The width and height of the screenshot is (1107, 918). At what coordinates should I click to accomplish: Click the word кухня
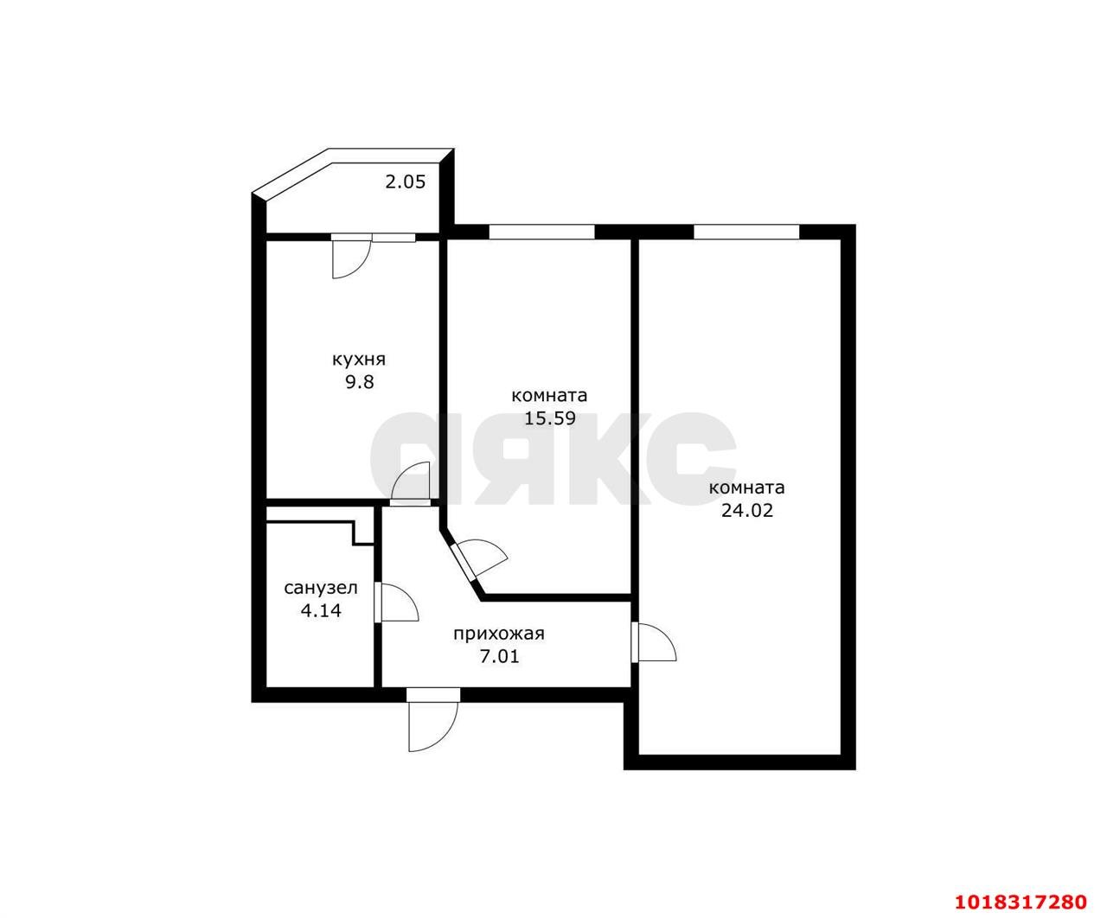click(x=358, y=360)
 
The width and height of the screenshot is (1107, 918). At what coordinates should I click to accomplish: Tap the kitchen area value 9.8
click(x=360, y=381)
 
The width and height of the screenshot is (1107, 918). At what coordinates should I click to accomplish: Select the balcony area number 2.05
click(x=405, y=182)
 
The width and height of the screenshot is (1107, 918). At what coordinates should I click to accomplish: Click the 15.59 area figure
click(x=550, y=418)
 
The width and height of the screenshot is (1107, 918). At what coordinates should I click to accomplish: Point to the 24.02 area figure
click(x=747, y=510)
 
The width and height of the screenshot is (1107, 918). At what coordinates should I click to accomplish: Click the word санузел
click(x=321, y=588)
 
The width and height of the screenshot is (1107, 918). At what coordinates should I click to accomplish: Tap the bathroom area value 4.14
click(x=321, y=610)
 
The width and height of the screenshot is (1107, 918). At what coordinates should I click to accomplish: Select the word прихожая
click(x=499, y=634)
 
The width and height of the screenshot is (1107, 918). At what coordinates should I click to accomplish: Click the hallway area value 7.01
click(x=499, y=656)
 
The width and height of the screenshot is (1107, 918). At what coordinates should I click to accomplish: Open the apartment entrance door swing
click(x=432, y=721)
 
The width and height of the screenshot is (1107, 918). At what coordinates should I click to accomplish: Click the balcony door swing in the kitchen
click(x=351, y=258)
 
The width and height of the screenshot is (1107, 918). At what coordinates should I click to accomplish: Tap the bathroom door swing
click(x=397, y=602)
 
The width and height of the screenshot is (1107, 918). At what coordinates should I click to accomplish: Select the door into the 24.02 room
click(x=654, y=642)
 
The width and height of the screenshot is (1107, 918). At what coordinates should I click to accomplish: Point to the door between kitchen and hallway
click(x=410, y=483)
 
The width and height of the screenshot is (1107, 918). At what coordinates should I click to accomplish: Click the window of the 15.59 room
click(x=541, y=233)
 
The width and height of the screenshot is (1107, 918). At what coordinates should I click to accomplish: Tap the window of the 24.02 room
click(x=746, y=233)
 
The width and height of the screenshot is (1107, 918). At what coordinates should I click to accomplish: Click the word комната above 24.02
click(x=747, y=488)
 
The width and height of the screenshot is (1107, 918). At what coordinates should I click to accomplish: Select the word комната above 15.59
click(x=549, y=396)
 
